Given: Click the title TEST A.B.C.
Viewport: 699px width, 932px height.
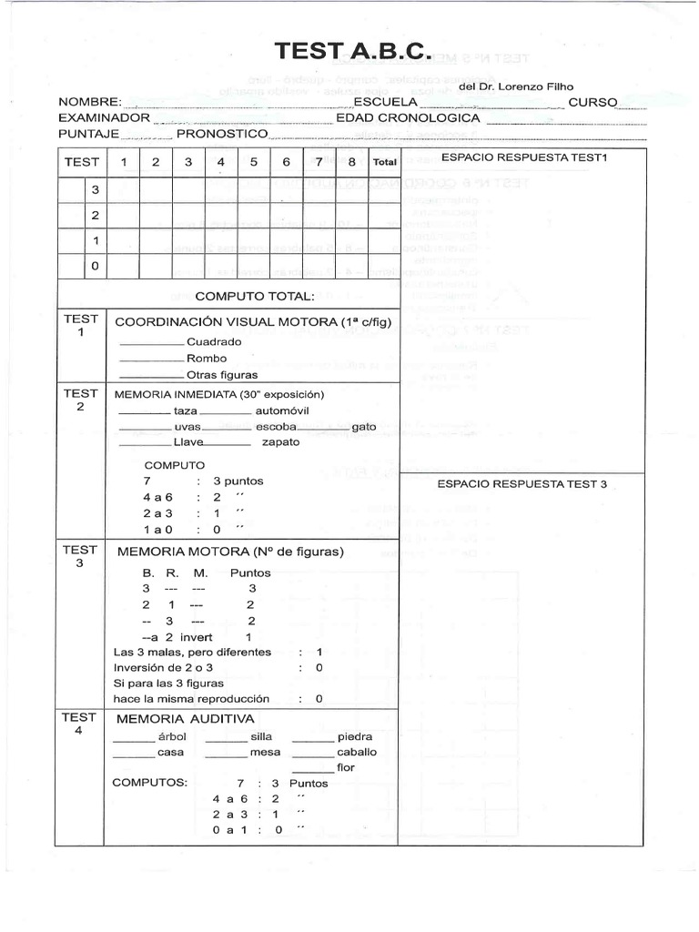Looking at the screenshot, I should (354, 52).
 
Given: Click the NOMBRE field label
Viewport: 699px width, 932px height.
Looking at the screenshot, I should (89, 102).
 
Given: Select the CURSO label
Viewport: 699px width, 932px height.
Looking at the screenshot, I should (593, 102).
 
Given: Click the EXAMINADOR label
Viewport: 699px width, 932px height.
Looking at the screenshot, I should (104, 118).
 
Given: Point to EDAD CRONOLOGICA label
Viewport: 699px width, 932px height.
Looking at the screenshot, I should (408, 118).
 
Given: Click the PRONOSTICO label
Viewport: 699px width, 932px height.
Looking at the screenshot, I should (222, 134).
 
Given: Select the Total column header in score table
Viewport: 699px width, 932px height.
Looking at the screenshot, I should (383, 162).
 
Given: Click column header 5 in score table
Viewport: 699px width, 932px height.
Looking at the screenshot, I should (254, 162).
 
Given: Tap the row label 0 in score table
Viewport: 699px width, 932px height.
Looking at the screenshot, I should (95, 266).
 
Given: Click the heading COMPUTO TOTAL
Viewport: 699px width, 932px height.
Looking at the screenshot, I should (255, 296).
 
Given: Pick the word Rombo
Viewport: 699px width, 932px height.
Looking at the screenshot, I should (207, 358).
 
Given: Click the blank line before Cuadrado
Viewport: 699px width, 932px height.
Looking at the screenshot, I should (151, 344).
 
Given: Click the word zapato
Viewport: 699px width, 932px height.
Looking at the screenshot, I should (280, 441).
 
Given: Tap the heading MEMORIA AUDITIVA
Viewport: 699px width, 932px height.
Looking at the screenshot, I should (185, 719).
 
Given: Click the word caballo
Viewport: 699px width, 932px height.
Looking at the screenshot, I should (357, 753).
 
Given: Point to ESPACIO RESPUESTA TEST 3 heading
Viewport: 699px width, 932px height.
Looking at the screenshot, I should (522, 484).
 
